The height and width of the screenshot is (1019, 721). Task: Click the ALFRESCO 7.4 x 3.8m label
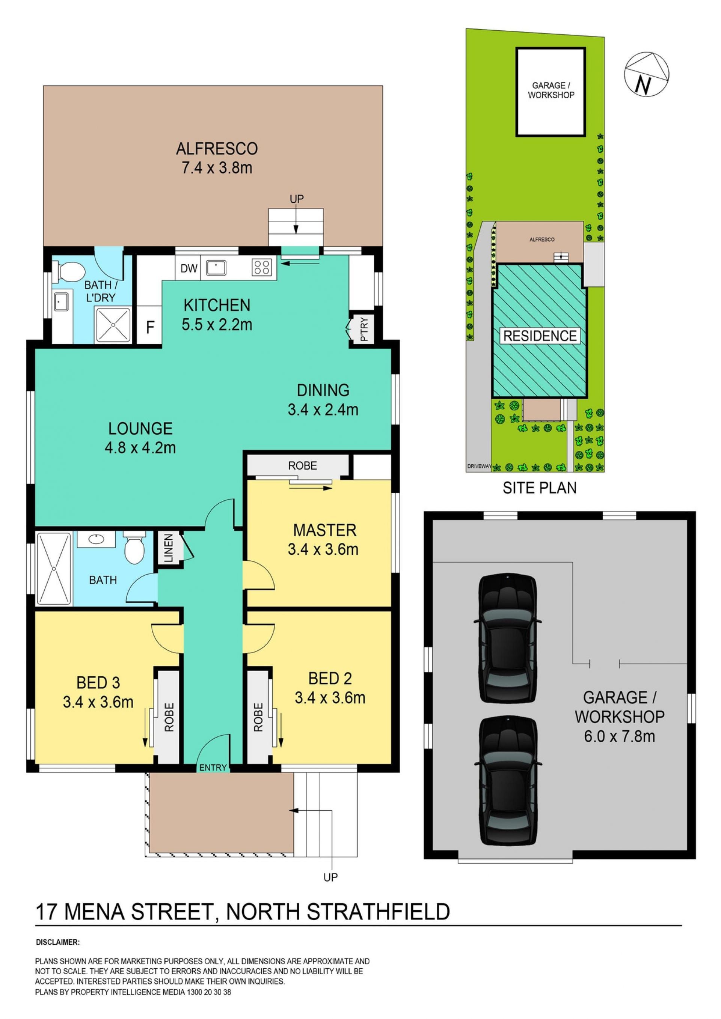point(217,158)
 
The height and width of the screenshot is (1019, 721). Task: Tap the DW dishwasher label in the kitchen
point(189,268)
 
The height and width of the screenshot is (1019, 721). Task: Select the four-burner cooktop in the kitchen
point(261,268)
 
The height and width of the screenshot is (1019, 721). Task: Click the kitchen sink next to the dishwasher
point(216,268)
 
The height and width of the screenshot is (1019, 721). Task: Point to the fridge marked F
point(150,328)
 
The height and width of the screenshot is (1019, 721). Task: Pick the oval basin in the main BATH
point(97,539)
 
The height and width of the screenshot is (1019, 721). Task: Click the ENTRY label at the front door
point(213,768)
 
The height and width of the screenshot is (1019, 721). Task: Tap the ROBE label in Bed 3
point(169,717)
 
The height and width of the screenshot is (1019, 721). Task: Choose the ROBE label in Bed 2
point(258,717)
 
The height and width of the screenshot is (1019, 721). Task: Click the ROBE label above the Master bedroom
point(303,465)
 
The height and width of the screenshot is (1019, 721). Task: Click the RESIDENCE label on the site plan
point(540,336)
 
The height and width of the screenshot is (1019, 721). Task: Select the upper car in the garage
point(507,637)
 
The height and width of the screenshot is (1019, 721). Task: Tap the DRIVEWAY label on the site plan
point(479,467)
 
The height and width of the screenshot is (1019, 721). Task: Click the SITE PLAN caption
point(539,488)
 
